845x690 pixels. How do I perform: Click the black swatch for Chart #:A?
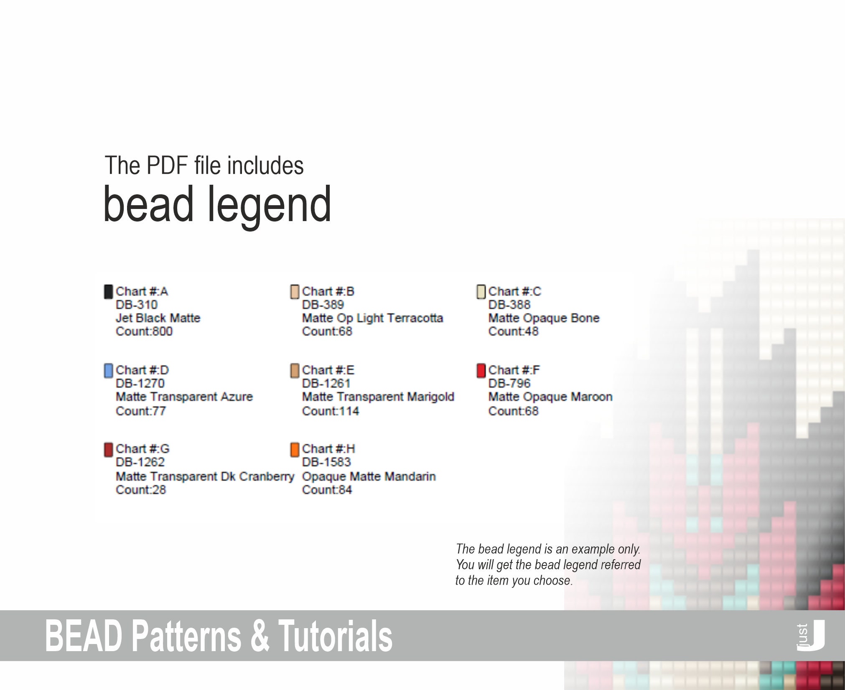pyautogui.click(x=108, y=292)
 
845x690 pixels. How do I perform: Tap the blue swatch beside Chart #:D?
pyautogui.click(x=108, y=370)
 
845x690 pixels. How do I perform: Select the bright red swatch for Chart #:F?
pyautogui.click(x=481, y=370)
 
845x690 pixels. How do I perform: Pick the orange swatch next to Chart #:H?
pyautogui.click(x=295, y=449)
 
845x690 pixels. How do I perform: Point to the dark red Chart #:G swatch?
pyautogui.click(x=108, y=449)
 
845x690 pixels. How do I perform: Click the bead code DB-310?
pyautogui.click(x=137, y=305)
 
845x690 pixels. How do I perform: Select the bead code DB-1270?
pyautogui.click(x=140, y=383)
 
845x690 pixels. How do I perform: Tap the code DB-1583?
pyautogui.click(x=326, y=462)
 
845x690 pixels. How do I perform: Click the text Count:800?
pyautogui.click(x=144, y=331)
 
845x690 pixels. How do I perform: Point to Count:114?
pyautogui.click(x=331, y=411)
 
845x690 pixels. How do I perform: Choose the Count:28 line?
pyautogui.click(x=141, y=489)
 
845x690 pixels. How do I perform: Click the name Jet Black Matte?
pyautogui.click(x=158, y=318)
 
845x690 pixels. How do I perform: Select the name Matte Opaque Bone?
pyautogui.click(x=544, y=318)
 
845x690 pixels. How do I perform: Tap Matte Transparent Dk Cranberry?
pyautogui.click(x=205, y=476)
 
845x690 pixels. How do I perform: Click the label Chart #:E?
pyautogui.click(x=328, y=370)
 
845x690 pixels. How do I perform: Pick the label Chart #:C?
pyautogui.click(x=514, y=292)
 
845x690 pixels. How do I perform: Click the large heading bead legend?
pyautogui.click(x=217, y=205)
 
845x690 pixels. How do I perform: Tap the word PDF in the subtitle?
pyautogui.click(x=167, y=165)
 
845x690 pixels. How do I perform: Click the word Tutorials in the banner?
pyautogui.click(x=335, y=636)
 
